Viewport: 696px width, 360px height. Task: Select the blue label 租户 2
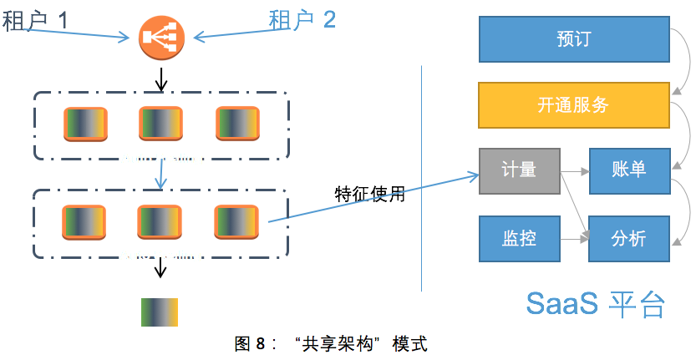tap(302, 19)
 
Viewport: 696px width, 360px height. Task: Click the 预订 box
tap(573, 39)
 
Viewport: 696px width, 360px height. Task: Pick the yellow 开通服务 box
tap(573, 104)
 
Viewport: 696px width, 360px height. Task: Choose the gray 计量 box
tap(519, 171)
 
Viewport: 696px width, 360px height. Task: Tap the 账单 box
tap(629, 171)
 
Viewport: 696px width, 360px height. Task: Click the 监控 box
tap(519, 238)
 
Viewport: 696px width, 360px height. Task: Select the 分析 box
tap(629, 238)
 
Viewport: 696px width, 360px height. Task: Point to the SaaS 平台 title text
tap(595, 304)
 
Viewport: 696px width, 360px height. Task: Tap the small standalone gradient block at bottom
tap(160, 311)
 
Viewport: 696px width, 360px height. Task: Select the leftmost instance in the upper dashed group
tap(85, 124)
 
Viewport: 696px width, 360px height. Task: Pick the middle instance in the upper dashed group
tap(160, 124)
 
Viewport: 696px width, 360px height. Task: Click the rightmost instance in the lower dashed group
tap(236, 221)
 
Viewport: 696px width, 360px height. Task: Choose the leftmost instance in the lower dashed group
tap(84, 221)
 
